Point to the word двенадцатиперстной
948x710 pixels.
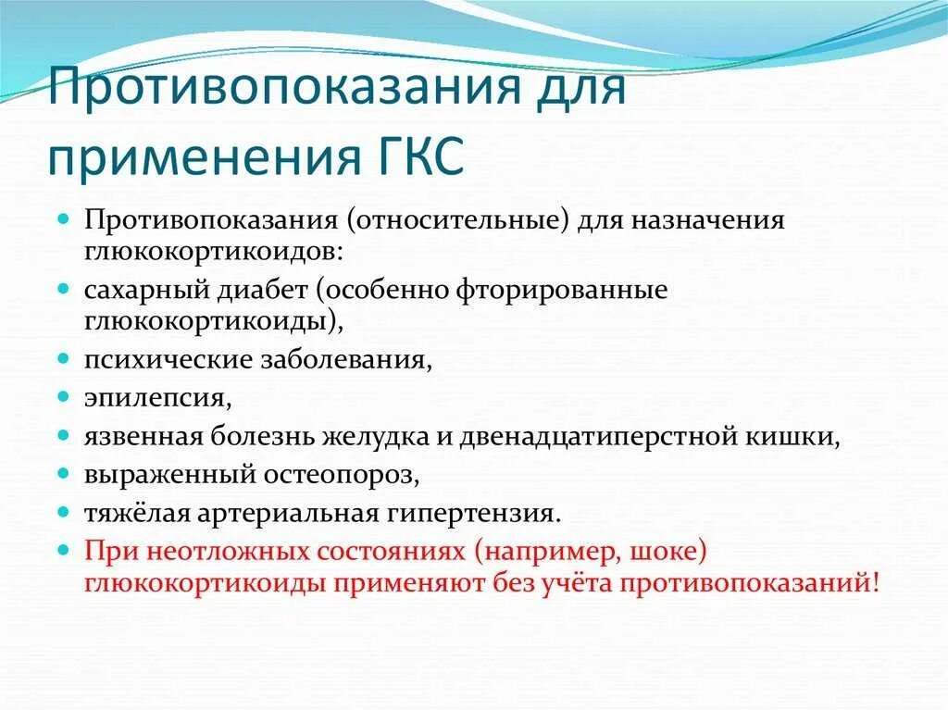pos(601,436)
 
